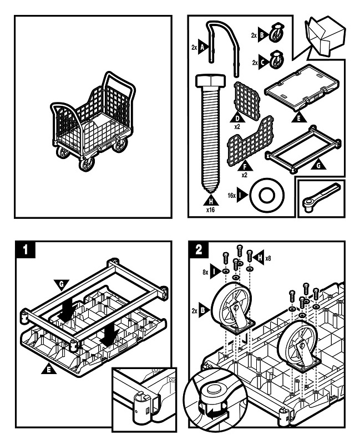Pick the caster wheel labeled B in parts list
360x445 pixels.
tap(275, 34)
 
